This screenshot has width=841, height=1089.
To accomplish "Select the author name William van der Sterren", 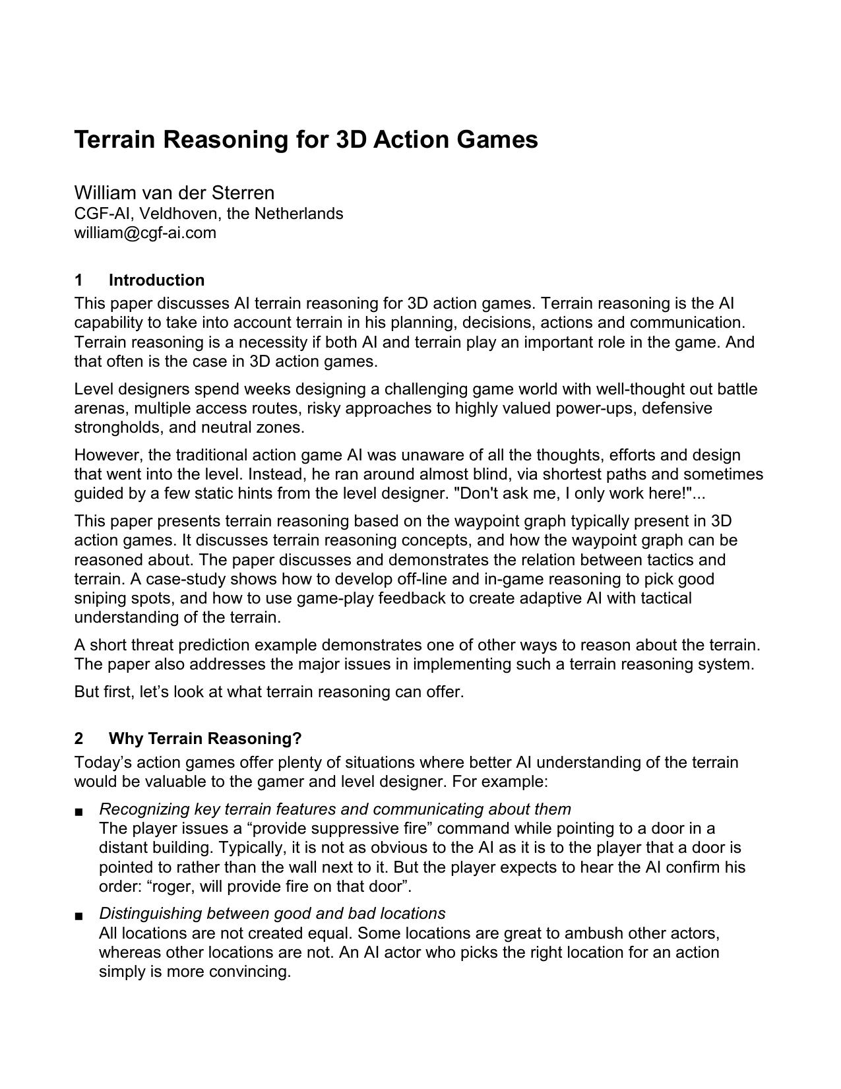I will (174, 193).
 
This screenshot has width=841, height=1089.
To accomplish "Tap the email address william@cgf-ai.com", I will (145, 233).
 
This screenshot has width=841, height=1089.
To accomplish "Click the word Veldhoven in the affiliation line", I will (179, 214).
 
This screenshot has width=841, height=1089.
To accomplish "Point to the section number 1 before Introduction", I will (78, 280).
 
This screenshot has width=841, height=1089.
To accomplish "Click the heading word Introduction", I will (156, 280).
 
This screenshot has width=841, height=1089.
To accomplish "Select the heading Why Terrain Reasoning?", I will (205, 739).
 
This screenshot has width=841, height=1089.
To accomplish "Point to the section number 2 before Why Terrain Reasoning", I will (79, 739).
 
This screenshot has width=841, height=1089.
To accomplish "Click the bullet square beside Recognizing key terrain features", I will (79, 811).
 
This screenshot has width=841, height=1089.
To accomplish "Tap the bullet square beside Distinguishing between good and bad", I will (79, 916).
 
